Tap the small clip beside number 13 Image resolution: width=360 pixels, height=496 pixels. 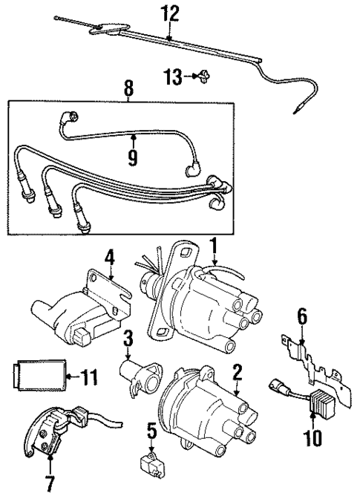(x=202, y=75)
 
